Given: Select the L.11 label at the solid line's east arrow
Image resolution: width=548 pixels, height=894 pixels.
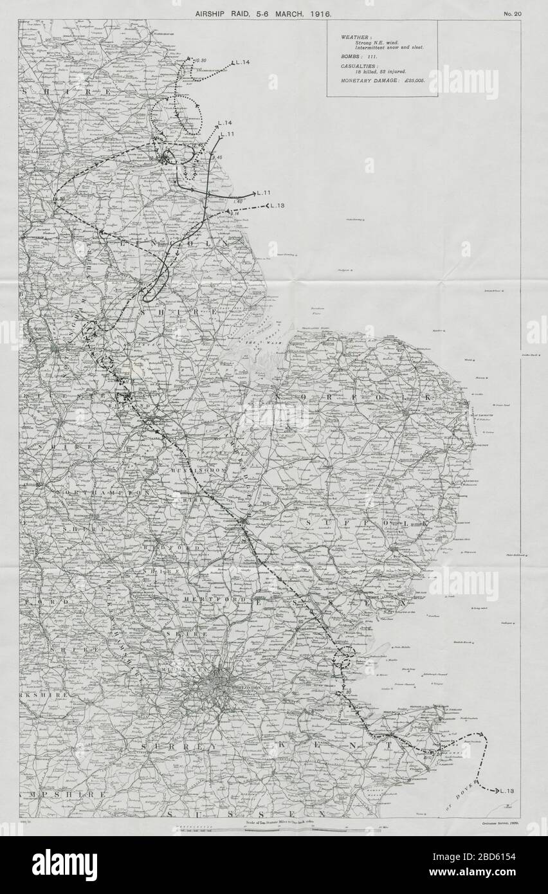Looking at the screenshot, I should click(x=264, y=193).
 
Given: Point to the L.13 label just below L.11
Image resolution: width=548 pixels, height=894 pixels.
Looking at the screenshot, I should click(x=277, y=206).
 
